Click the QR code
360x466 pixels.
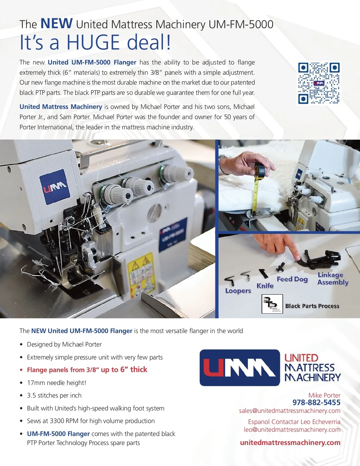pos(319,83)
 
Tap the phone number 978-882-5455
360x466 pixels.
pos(316,402)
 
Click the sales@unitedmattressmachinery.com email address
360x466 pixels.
pos(290,411)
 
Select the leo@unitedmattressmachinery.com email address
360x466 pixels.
pos(292,430)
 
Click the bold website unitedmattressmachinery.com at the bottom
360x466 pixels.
pos(290,443)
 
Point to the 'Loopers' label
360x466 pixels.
pos(238,291)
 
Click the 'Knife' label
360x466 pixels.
pos(265,286)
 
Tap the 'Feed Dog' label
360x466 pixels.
pos(292,279)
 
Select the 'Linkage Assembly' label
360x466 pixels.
pos(333,278)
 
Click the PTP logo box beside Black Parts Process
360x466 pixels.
pos(272,304)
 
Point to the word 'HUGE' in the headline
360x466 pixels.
pos(93,42)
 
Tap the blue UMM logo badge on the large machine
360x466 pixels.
pos(55,187)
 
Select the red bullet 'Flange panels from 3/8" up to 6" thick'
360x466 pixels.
pos(87,370)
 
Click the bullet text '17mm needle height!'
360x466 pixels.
pos(56,383)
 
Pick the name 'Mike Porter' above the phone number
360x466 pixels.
pos(324,395)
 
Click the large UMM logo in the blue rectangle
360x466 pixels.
pos(240,368)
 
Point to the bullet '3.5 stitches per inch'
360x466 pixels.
pos(54,395)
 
